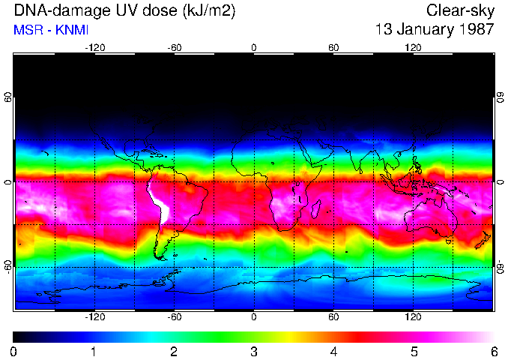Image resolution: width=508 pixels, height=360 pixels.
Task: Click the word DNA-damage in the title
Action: click(50, 10)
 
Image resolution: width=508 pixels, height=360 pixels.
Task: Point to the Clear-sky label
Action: click(460, 10)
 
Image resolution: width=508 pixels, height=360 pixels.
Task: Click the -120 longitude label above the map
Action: click(94, 47)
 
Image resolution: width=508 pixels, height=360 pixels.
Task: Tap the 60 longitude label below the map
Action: click(333, 317)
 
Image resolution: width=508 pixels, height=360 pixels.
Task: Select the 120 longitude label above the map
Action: click(413, 47)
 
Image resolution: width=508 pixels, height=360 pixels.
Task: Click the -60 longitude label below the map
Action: click(174, 317)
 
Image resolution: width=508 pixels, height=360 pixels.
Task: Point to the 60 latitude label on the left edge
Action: click(7, 97)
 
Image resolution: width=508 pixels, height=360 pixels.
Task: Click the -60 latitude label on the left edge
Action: click(7, 266)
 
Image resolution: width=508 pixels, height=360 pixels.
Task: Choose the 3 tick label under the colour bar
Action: click(253, 352)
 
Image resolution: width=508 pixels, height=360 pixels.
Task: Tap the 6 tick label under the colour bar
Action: click(493, 352)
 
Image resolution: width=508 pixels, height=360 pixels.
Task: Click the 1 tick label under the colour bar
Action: click(94, 352)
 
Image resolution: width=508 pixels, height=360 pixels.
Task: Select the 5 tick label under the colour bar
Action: click(414, 352)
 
